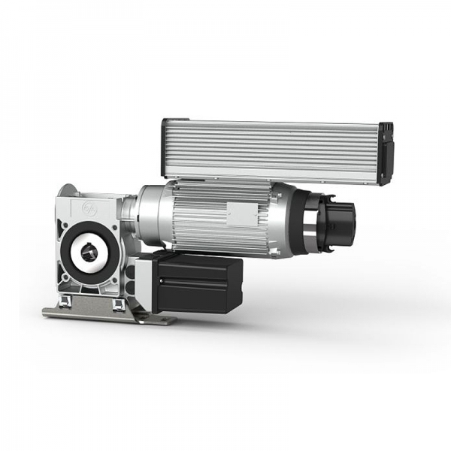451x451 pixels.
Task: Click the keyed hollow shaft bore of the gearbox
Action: tap(89, 253)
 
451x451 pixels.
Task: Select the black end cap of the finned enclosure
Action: tap(386, 153)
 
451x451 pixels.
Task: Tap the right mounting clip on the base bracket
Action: tap(119, 304)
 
